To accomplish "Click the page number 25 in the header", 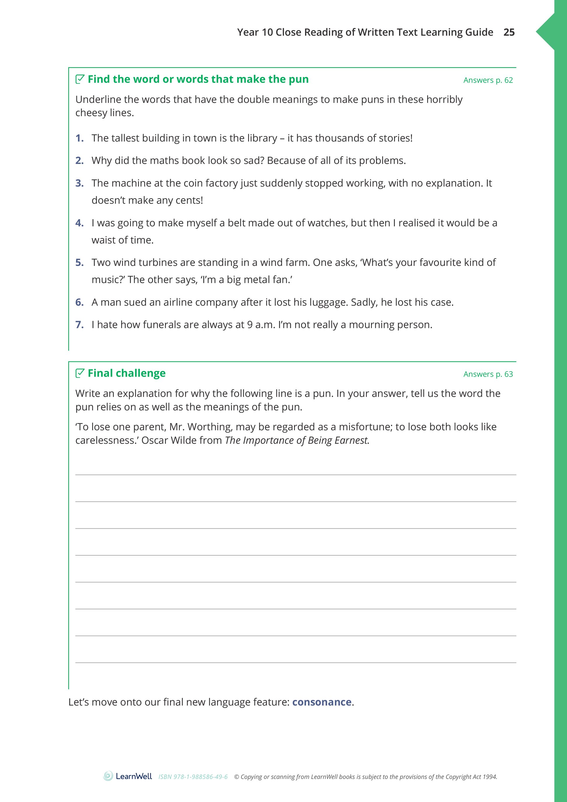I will [x=509, y=32].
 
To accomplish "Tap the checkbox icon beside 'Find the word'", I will [x=80, y=79].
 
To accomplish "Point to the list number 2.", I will [x=80, y=160].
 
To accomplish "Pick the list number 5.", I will [x=80, y=263].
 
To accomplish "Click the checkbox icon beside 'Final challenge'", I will [x=80, y=373].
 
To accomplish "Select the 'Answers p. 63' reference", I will [x=488, y=374].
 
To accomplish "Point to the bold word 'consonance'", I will [x=322, y=702].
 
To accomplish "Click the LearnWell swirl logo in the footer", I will [x=108, y=776].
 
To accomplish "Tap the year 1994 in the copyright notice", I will [x=490, y=777].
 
